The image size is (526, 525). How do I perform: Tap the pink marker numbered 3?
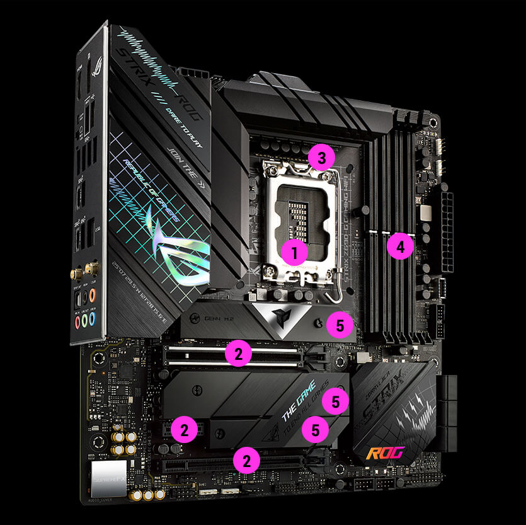pos(321,158)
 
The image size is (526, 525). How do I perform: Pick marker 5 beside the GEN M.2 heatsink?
pos(340,325)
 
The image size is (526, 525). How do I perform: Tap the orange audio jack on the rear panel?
pos(92,294)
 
